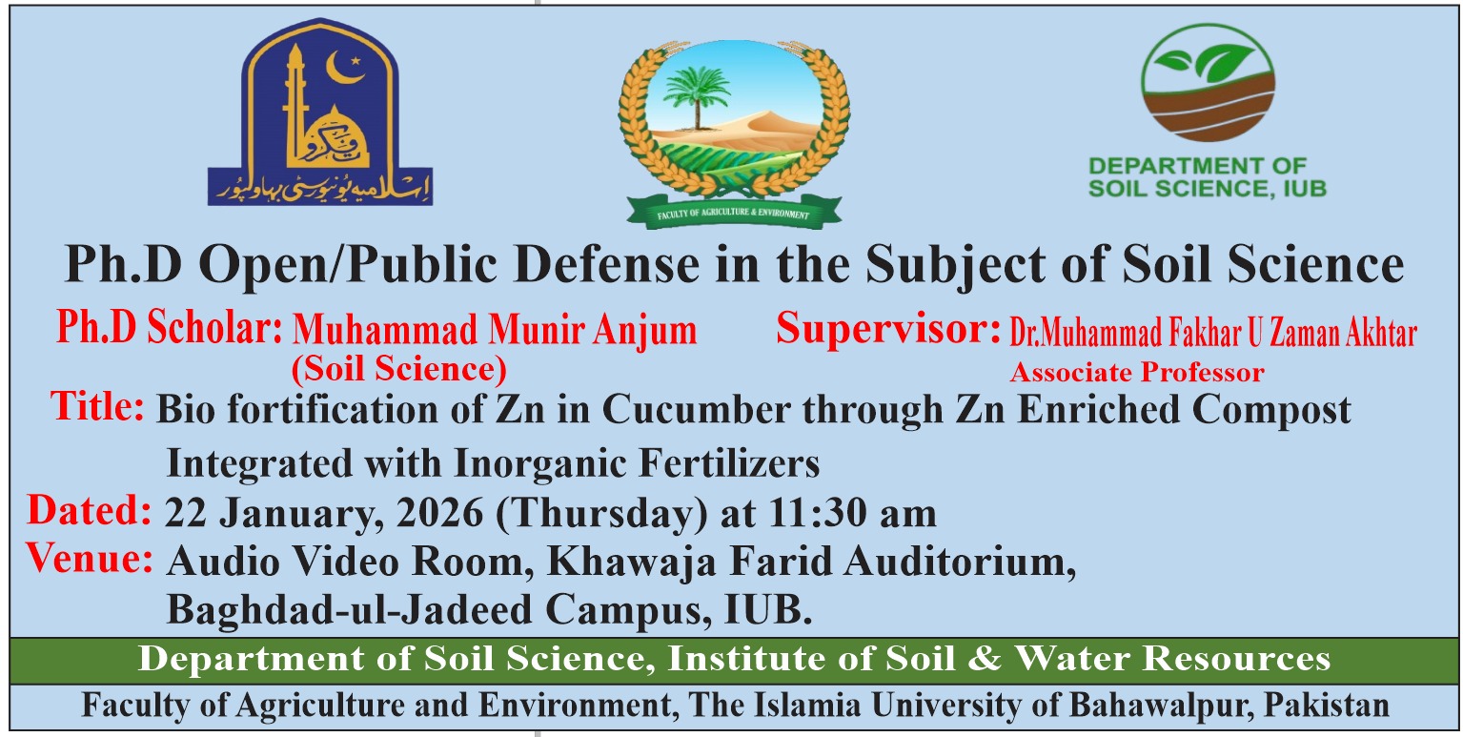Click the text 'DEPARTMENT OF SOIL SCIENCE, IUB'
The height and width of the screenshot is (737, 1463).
1207,177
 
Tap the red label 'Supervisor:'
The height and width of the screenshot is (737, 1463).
888,328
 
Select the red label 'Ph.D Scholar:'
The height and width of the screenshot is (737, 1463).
169,327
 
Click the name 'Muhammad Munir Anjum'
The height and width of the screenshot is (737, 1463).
495,329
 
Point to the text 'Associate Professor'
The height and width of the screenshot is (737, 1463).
1137,373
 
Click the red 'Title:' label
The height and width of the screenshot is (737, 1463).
98,406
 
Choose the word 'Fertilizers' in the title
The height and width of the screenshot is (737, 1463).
729,463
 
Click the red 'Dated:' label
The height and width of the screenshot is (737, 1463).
90,510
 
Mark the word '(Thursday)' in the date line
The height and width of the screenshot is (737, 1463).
601,514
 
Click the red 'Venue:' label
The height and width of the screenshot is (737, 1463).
90,559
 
